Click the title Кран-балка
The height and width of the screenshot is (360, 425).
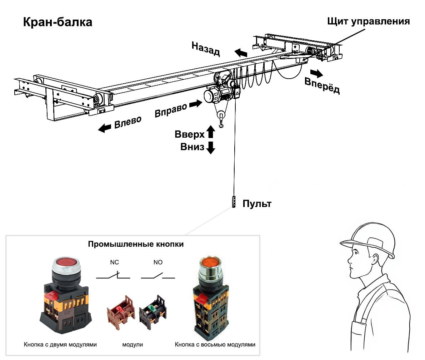(57, 22)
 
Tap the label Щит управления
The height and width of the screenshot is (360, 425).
(368, 21)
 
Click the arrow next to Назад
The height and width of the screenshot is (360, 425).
(241, 53)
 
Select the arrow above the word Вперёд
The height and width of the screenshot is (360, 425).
(316, 73)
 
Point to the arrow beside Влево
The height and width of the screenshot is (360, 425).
(105, 128)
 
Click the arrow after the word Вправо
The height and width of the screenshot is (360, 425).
(195, 104)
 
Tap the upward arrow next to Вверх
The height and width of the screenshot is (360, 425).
(211, 132)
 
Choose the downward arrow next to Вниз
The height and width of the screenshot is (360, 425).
(211, 147)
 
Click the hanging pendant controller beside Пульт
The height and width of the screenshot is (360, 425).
(234, 202)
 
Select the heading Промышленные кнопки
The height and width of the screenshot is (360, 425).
(136, 245)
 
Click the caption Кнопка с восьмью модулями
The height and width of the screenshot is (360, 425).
(215, 345)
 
